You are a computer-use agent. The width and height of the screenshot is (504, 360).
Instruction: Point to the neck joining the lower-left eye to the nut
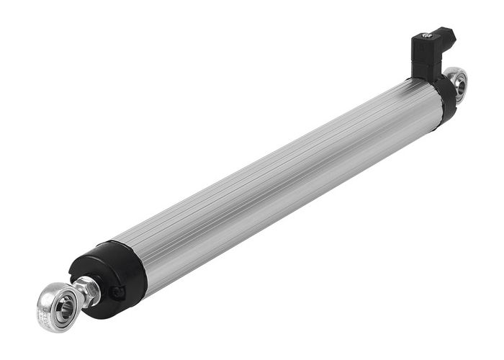coord(78,297)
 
